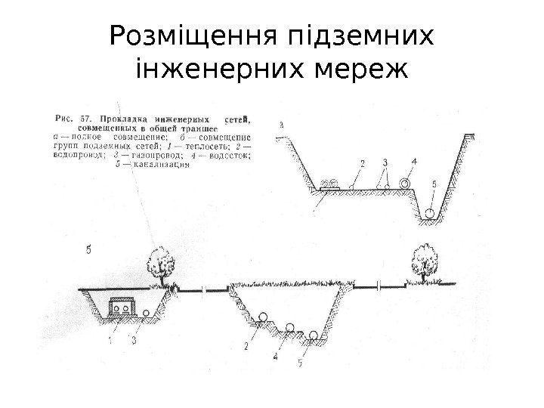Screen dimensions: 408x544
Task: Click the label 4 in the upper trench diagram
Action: [414, 161]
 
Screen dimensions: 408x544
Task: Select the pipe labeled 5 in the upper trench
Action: [430, 212]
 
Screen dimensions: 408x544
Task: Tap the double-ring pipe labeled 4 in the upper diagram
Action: [406, 184]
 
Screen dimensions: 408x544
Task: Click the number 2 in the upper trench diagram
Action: [362, 162]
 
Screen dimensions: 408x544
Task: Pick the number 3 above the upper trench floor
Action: [385, 162]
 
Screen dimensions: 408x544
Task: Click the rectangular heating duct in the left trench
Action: [120, 308]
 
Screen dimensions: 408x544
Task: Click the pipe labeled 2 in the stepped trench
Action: [264, 317]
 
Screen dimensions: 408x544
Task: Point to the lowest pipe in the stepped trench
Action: [312, 335]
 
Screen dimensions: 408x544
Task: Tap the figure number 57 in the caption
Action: [85, 118]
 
